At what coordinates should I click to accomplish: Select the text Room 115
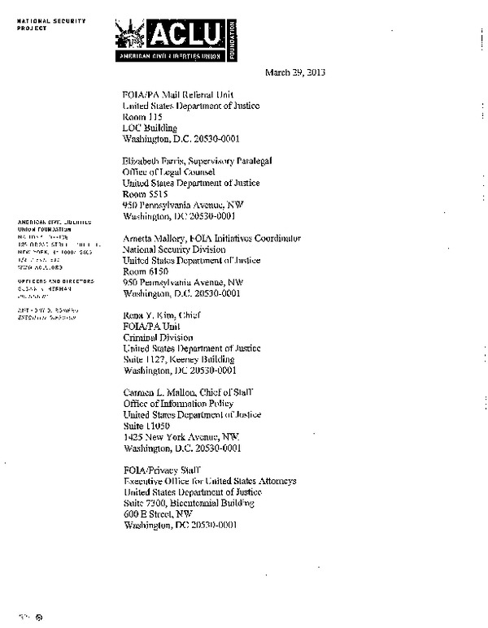(x=143, y=116)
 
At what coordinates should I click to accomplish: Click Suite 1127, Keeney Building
(x=178, y=359)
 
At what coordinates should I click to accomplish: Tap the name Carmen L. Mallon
(x=155, y=392)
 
